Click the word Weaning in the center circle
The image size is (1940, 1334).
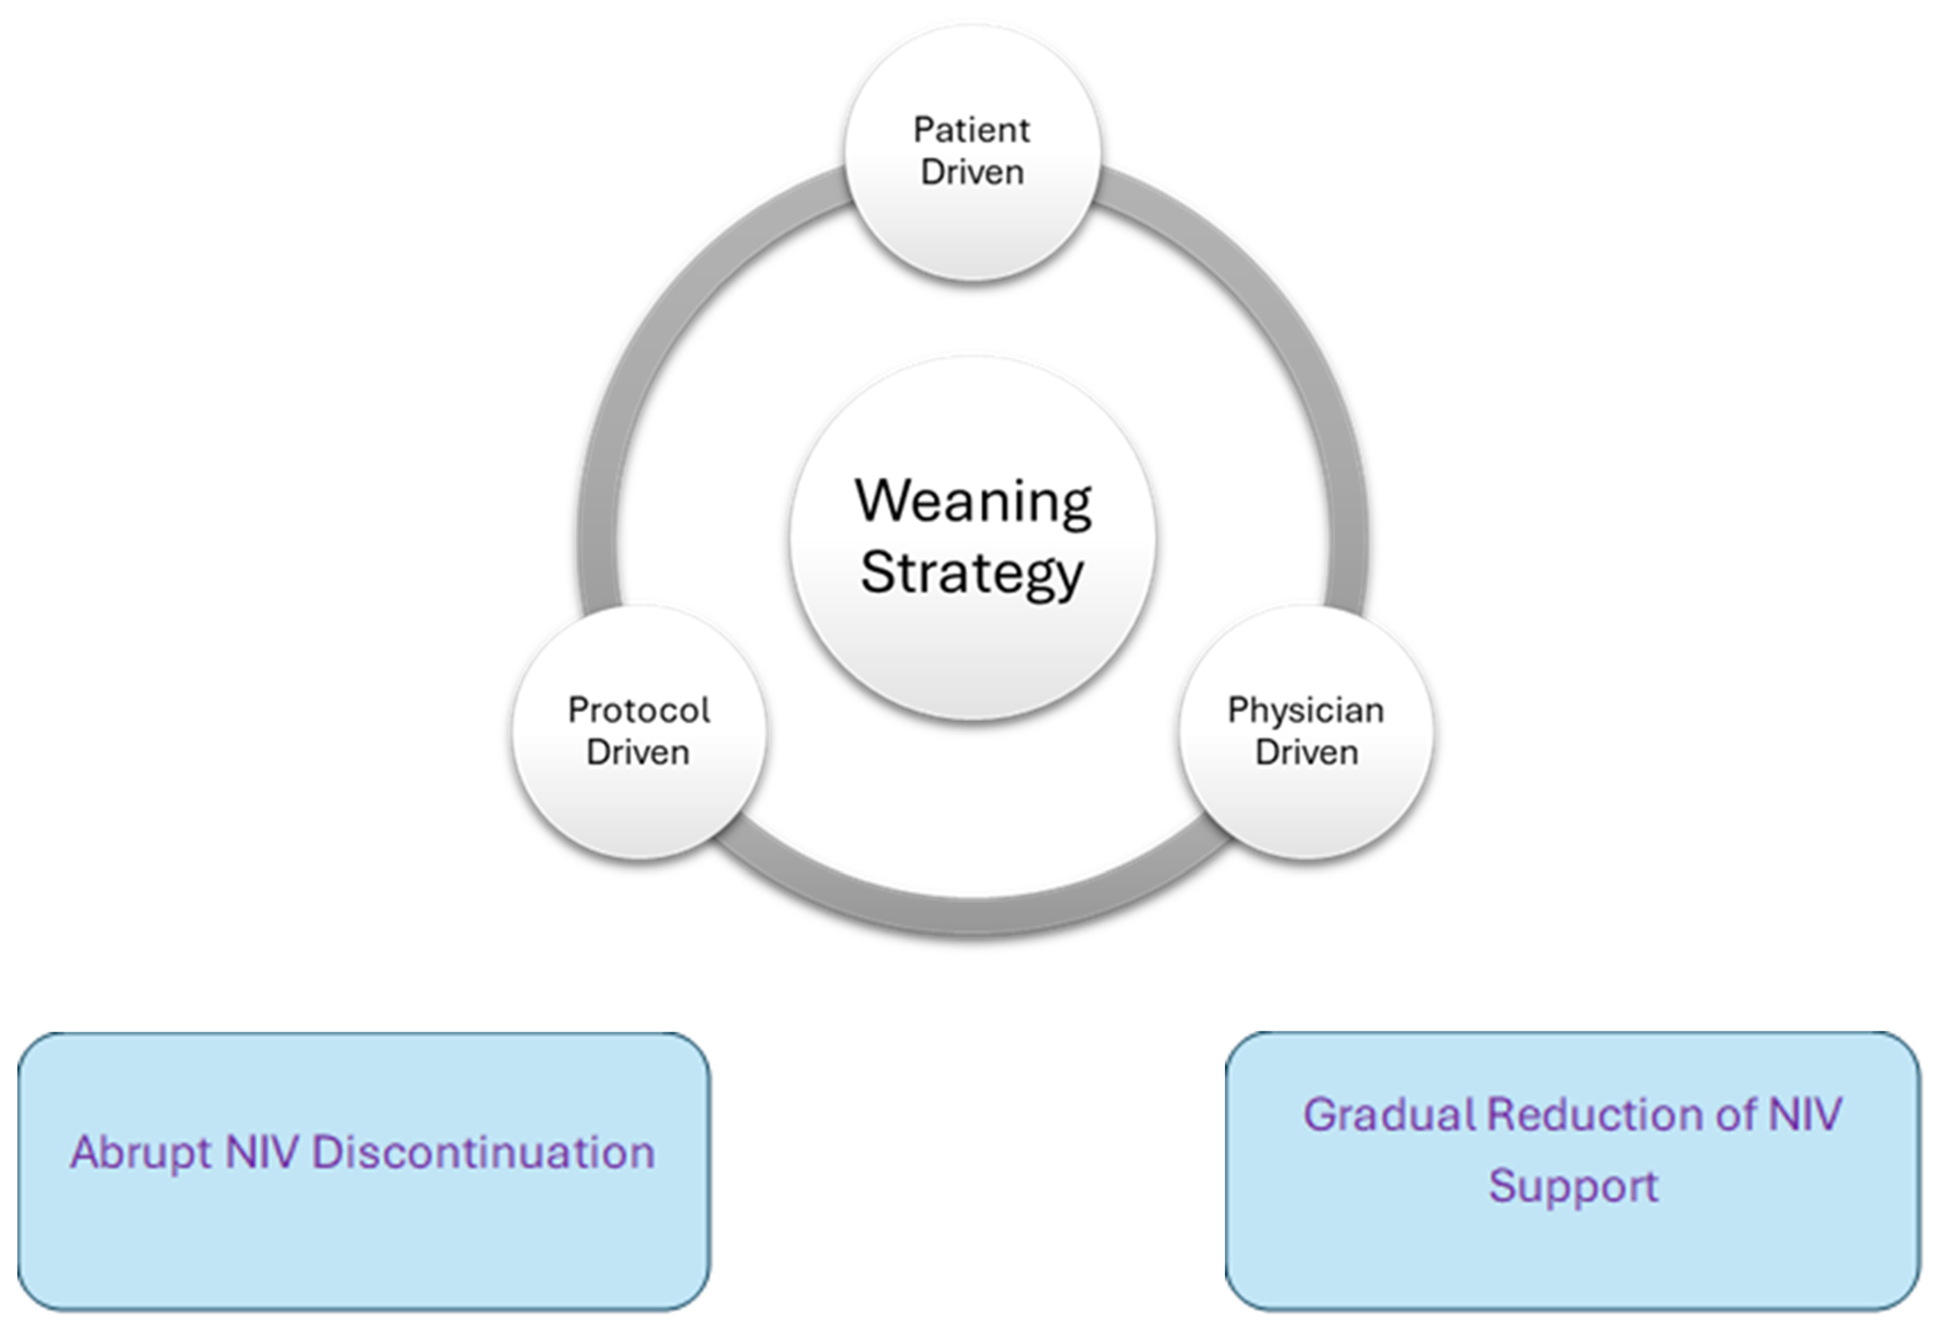pyautogui.click(x=972, y=502)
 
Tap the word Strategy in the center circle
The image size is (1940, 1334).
pyautogui.click(x=972, y=574)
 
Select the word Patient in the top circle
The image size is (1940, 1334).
pyautogui.click(x=971, y=130)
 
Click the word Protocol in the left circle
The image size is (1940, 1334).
pyautogui.click(x=639, y=711)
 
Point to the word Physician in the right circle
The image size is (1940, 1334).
pyautogui.click(x=1306, y=711)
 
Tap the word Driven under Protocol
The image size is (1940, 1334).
pyautogui.click(x=638, y=752)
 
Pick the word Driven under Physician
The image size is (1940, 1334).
pyautogui.click(x=1306, y=752)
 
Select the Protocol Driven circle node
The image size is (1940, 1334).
pyautogui.click(x=639, y=802)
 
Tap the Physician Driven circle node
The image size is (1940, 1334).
pyautogui.click(x=1306, y=802)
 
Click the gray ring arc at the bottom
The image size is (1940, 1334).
pyautogui.click(x=972, y=918)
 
